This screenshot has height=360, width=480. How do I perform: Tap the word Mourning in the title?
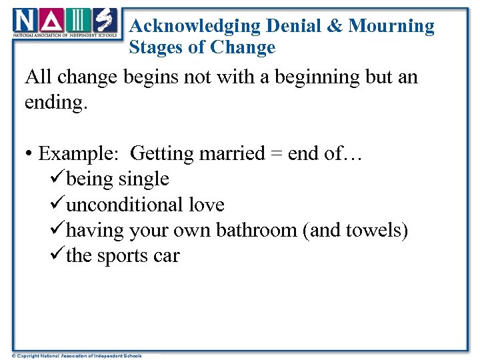[x=391, y=26]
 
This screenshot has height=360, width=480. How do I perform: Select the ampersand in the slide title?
[x=335, y=26]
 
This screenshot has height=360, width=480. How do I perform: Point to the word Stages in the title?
[x=155, y=47]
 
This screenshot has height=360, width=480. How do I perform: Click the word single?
[x=143, y=179]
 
